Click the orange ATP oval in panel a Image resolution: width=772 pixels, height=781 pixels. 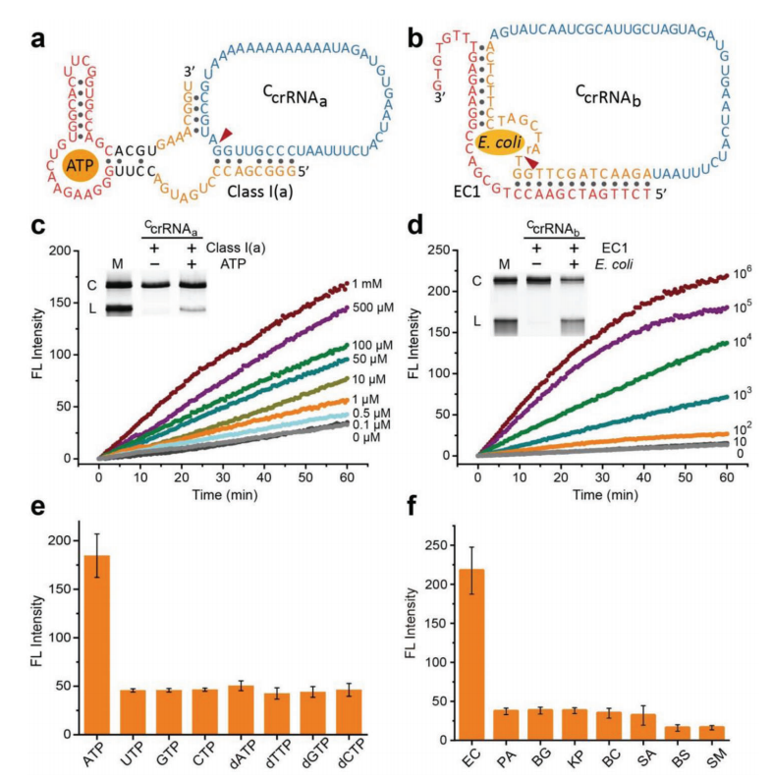(81, 166)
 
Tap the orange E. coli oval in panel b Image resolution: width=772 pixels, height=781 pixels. (500, 144)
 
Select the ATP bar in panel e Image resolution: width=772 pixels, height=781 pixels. (96, 644)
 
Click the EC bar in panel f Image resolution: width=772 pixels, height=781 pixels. (470, 654)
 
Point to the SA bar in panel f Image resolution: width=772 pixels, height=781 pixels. (643, 727)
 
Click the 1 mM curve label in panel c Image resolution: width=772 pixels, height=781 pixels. (366, 284)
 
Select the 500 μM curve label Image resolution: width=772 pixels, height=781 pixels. (372, 307)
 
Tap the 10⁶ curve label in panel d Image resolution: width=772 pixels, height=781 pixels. (743, 274)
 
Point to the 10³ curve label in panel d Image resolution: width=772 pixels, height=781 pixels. (743, 395)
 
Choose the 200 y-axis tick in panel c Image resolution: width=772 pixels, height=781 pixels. (60, 251)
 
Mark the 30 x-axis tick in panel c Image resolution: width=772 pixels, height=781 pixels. (223, 477)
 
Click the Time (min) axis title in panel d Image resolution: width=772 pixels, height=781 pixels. (605, 494)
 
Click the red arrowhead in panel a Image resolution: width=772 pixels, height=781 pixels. (226, 134)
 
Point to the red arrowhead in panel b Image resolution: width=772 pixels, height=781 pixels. (531, 163)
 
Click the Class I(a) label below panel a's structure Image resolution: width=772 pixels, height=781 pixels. (260, 192)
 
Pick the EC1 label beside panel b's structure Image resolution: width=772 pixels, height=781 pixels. (467, 192)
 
